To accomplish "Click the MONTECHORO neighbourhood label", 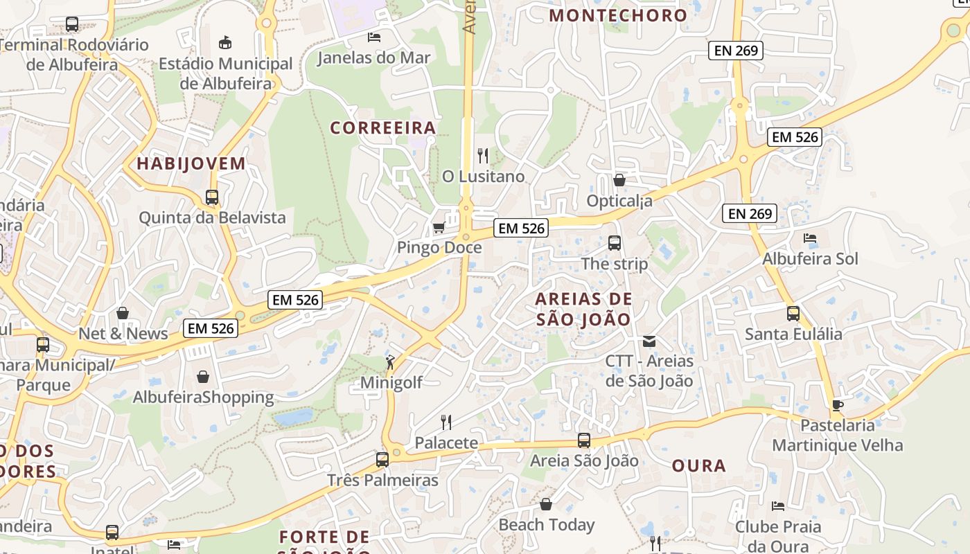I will [x=618, y=15].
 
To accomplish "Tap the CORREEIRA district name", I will [x=382, y=128].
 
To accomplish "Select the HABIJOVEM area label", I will [x=191, y=164].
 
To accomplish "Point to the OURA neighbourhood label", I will [x=699, y=466].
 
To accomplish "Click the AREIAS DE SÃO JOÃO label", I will [x=584, y=309].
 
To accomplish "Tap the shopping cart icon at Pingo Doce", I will [x=438, y=227].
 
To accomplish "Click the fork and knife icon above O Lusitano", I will [x=483, y=155].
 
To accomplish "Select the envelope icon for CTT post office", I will [x=649, y=341].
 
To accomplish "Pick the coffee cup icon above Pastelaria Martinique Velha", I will [x=837, y=405].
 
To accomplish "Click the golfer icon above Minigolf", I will [x=391, y=361].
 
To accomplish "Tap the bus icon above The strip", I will [x=615, y=243].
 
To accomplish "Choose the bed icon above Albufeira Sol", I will [x=810, y=238].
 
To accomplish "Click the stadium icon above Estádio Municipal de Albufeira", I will [x=225, y=43].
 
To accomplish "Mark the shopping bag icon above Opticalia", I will [x=619, y=180].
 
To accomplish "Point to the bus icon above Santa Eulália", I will [x=793, y=314].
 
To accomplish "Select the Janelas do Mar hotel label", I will [x=373, y=57].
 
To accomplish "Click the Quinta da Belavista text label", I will [x=212, y=217].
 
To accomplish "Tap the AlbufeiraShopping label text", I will [x=203, y=397].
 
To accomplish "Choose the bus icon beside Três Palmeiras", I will [x=382, y=459].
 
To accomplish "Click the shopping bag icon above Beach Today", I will [x=546, y=504].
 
